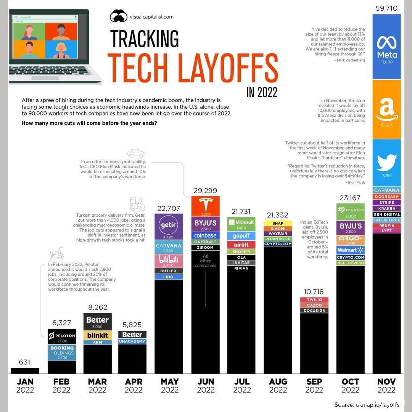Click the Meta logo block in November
coord(386,47)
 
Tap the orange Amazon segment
coord(386,109)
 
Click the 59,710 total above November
coord(386,8)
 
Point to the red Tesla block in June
coord(206,206)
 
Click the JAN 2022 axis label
coord(25,385)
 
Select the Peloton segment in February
coord(62,337)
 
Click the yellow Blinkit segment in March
coord(97,335)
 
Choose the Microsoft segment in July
coord(241,224)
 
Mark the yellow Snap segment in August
coord(278,223)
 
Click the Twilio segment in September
coord(314,300)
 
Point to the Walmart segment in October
coord(350,250)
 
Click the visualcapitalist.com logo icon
coord(118,16)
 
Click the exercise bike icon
coord(56,254)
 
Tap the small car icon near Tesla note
coord(136,153)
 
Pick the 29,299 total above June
coord(206,190)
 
